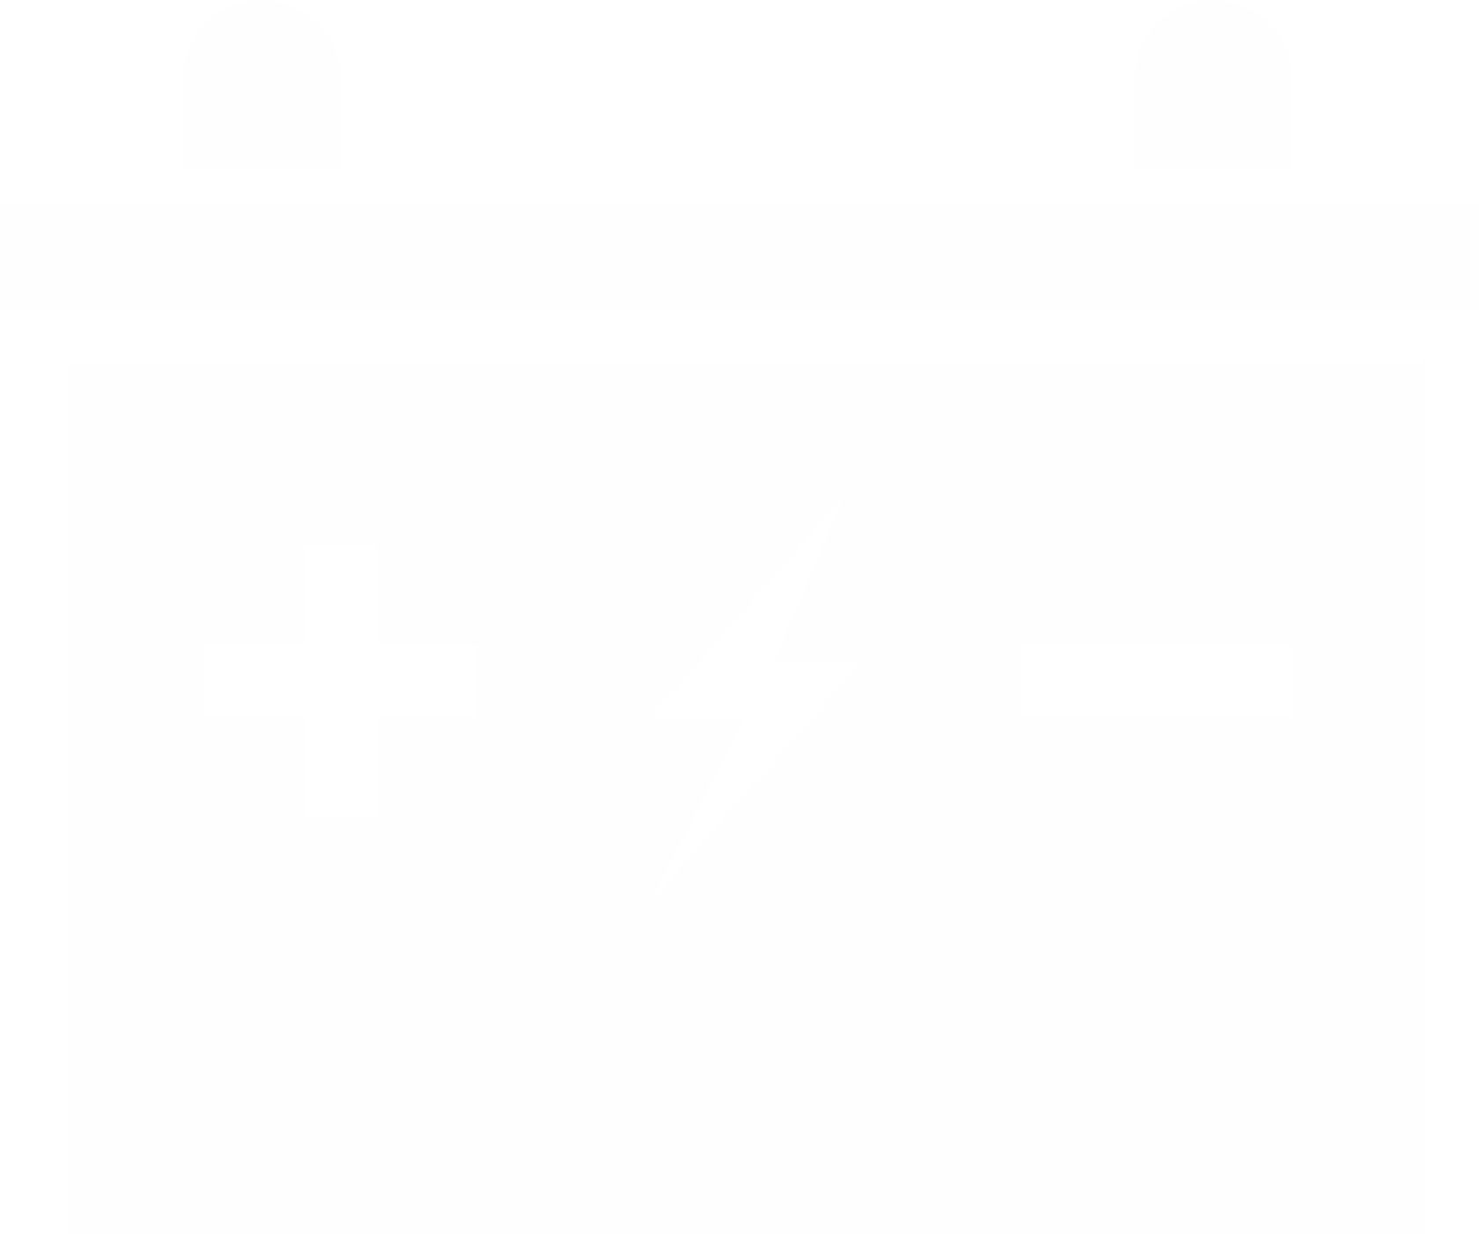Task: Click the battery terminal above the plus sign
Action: click(261, 88)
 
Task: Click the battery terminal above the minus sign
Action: click(1213, 88)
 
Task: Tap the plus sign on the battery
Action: click(340, 681)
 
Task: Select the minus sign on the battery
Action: click(1155, 681)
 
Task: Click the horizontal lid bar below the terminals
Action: click(739, 256)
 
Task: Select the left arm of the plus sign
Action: click(251, 681)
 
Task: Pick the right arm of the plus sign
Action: click(430, 681)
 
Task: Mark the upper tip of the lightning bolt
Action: click(832, 515)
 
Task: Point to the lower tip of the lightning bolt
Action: click(669, 876)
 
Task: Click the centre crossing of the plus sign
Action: click(340, 681)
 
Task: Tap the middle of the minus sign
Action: click(1155, 681)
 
